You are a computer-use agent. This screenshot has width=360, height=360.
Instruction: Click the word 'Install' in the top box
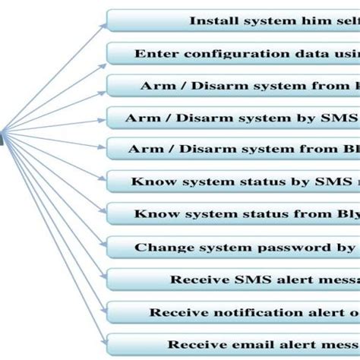pyautogui.click(x=213, y=21)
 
